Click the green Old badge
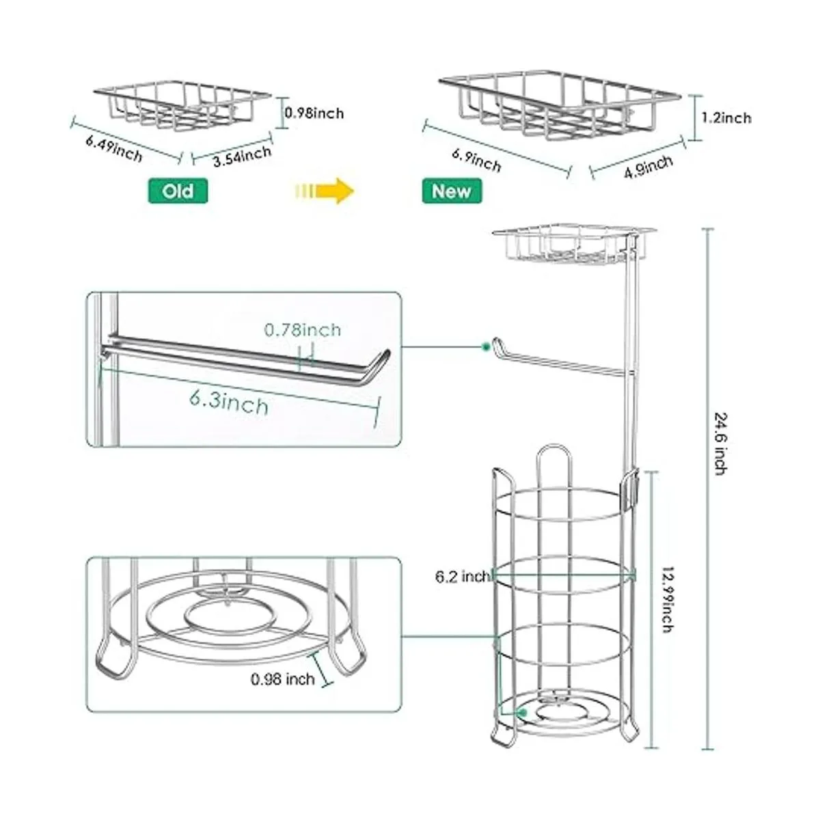tap(178, 191)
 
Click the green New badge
tap(452, 191)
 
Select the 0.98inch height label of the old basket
tap(314, 113)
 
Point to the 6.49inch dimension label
tap(114, 149)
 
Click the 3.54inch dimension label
tap(242, 156)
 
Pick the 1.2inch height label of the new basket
tap(726, 118)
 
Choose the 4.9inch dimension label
tap(648, 167)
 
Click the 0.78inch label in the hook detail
tap(303, 330)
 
